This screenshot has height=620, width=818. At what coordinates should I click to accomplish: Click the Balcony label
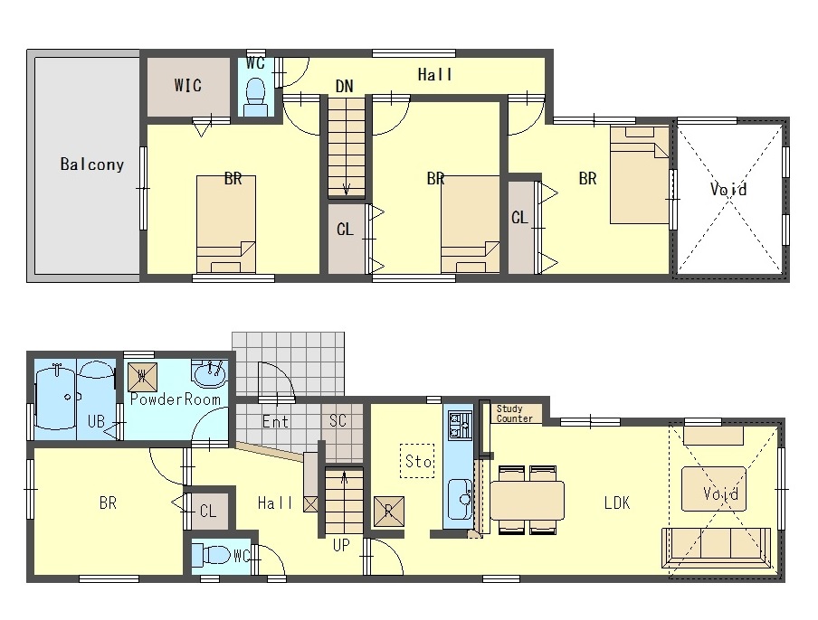pos(92,164)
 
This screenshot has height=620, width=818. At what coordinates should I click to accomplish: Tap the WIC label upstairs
pos(188,85)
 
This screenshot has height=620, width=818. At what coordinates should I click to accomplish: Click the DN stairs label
pos(345,86)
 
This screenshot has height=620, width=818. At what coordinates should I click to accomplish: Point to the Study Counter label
pos(514,414)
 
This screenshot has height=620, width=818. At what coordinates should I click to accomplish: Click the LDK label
pos(617,503)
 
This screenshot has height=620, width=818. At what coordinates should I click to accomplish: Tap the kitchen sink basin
pos(460,499)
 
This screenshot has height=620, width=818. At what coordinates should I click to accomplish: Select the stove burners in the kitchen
pos(460,425)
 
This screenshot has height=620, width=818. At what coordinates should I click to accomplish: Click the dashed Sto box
pos(417,461)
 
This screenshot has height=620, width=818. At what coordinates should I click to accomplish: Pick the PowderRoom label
pos(176,399)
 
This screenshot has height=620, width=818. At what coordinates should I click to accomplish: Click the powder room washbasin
pos(209,372)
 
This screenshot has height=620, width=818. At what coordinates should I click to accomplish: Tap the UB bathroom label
pos(97,420)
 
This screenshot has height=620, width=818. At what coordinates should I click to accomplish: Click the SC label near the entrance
pos(338,420)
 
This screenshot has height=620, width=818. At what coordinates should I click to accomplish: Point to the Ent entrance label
pos(275,421)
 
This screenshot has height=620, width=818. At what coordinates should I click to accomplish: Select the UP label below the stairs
pos(341,546)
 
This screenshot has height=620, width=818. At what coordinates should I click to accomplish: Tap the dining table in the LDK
pos(527,500)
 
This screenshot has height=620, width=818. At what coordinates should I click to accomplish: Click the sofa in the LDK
pos(716,548)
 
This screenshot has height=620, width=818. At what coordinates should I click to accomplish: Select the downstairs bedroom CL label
pos(208,512)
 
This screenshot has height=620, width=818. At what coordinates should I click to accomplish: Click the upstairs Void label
pos(728,189)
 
